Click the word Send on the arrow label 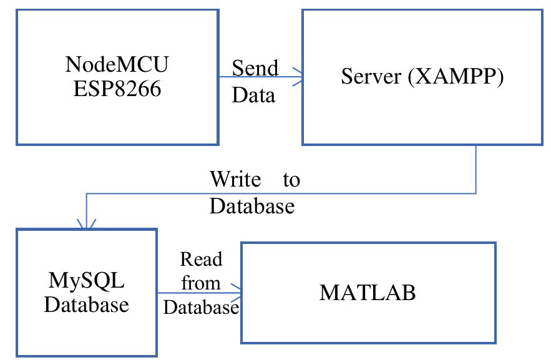255,67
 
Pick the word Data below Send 253,95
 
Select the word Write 235,180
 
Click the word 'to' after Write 291,180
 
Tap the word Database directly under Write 251,206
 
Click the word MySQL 87,280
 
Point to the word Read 201,258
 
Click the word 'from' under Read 201,283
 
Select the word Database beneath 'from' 201,307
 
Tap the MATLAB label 368,292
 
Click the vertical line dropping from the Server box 476,168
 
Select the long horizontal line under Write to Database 281,193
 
